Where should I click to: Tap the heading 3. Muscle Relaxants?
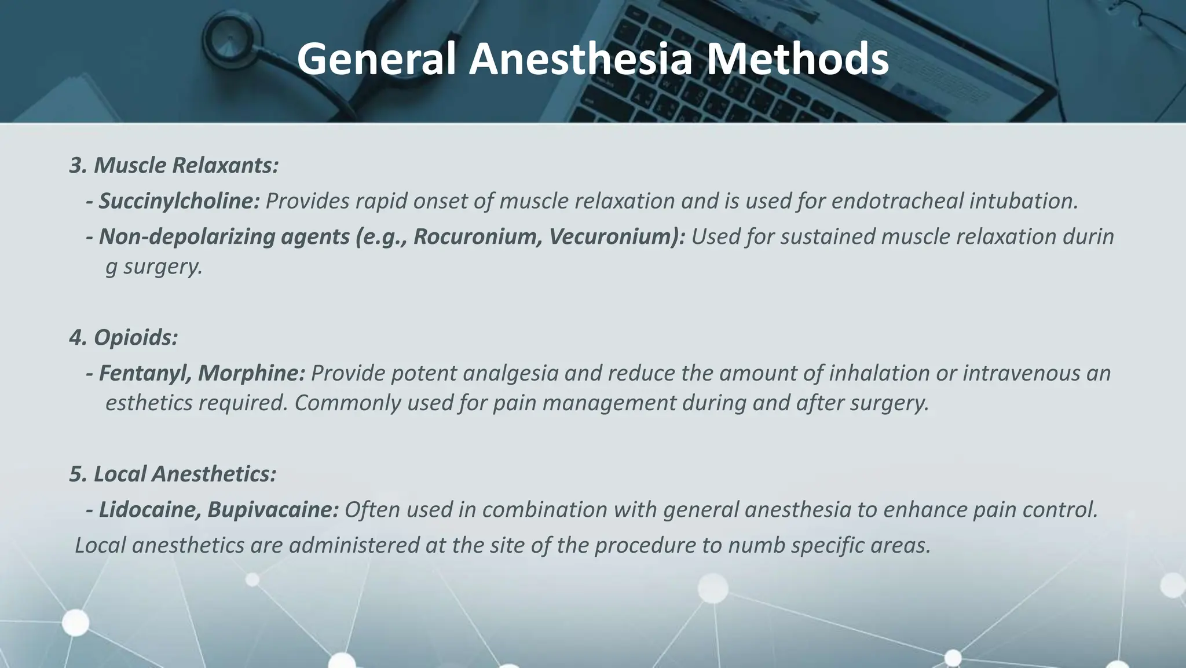174,166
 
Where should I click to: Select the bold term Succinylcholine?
179,201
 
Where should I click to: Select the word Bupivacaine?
273,510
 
